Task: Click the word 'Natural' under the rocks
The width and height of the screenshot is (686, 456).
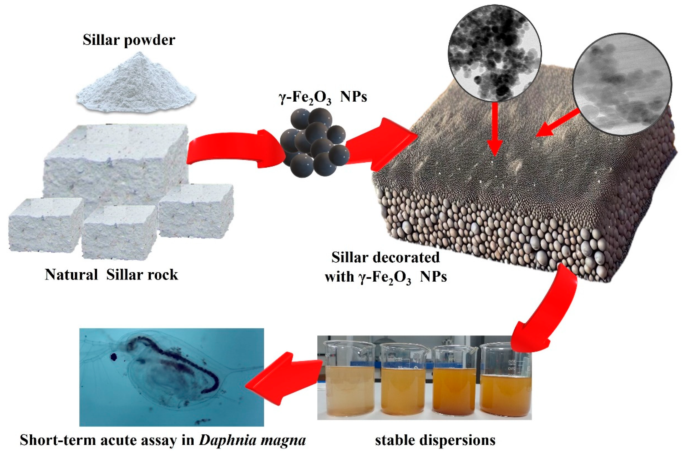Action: tap(71, 275)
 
